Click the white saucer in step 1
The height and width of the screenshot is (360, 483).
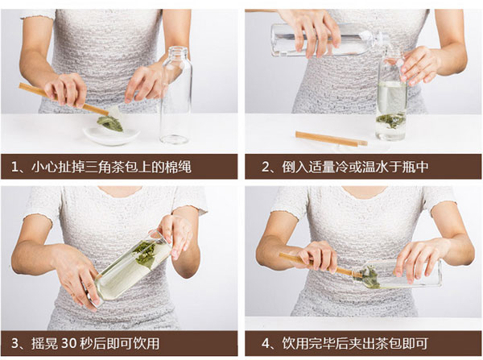111,135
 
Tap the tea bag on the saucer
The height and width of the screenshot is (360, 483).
110,123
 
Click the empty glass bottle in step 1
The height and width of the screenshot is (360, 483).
175,96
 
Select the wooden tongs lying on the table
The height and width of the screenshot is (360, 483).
332,139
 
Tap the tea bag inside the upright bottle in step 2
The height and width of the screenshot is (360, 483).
390,120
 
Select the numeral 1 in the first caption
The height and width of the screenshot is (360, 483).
14,167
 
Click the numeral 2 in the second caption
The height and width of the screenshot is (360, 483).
266,167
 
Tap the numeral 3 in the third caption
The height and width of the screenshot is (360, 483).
15,343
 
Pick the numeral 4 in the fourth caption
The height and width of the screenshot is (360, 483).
266,343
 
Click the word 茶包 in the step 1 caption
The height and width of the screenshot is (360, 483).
118,167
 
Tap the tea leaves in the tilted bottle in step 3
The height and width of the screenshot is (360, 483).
145,254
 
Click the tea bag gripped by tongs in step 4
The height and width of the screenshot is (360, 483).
367,277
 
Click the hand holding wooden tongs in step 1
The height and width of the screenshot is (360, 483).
66,90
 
